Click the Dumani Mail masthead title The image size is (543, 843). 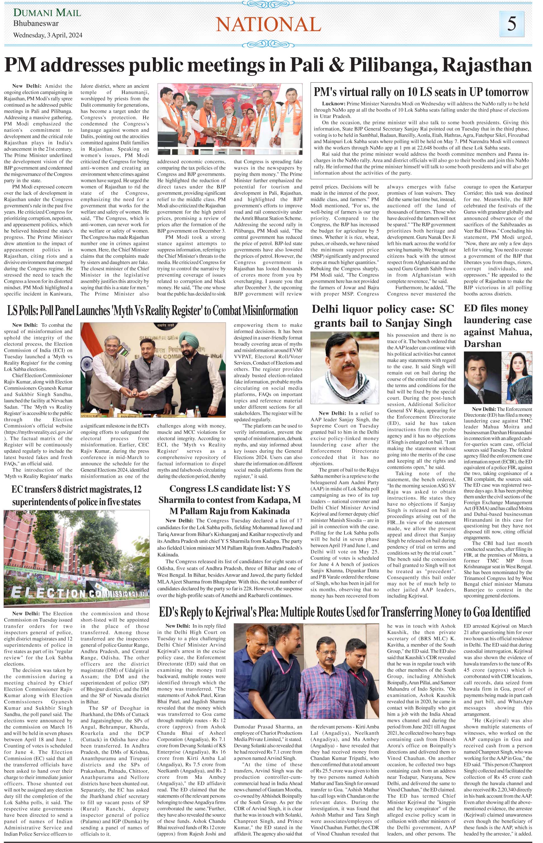point(47,13)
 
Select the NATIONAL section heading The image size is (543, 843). point(268,25)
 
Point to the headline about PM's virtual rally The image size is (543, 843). point(421,92)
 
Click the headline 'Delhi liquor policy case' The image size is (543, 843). point(383,316)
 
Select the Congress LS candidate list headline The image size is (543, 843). point(230,500)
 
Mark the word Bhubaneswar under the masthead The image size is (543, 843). point(36,24)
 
